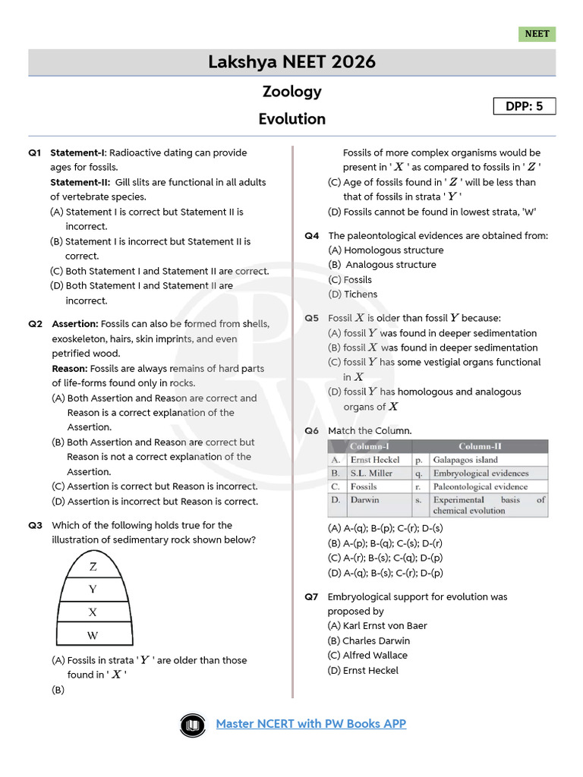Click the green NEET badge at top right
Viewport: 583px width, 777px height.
[537, 34]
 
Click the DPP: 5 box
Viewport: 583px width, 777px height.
[525, 106]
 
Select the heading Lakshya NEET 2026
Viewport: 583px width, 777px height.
[291, 62]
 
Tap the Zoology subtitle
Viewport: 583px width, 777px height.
[291, 92]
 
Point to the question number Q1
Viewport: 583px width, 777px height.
[35, 153]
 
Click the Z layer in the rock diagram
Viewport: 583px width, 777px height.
[93, 567]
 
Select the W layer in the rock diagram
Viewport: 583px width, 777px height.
[93, 635]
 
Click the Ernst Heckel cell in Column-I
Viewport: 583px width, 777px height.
[374, 460]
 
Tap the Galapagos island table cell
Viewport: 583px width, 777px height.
[465, 460]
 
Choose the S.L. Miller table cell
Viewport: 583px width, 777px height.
[371, 473]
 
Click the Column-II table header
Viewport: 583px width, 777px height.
[480, 446]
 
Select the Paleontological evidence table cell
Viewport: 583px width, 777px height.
[481, 486]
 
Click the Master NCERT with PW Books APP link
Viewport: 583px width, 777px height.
[311, 723]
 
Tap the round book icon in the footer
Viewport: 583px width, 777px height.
[194, 725]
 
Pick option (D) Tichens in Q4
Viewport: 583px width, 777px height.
[352, 294]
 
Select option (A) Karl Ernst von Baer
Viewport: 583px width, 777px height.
[377, 626]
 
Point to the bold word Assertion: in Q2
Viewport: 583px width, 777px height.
[75, 324]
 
